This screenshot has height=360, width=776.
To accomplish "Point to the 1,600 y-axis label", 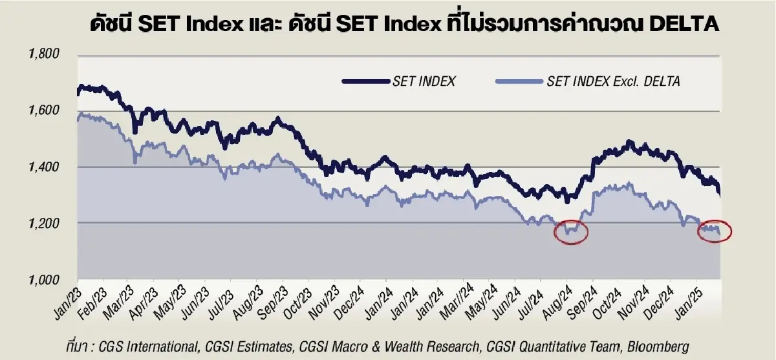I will pyautogui.click(x=43, y=111).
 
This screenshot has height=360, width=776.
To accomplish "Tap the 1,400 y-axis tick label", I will pyautogui.click(x=43, y=167).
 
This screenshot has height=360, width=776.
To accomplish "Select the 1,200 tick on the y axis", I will pyautogui.click(x=43, y=223).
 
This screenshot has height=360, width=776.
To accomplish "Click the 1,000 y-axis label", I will pyautogui.click(x=43, y=279).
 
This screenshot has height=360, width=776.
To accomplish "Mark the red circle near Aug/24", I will pyautogui.click(x=571, y=231).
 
